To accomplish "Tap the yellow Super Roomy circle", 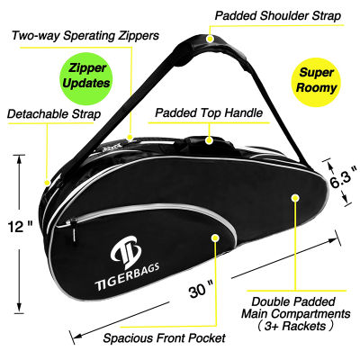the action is pyautogui.click(x=317, y=82).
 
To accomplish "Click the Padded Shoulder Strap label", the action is pyautogui.click(x=278, y=16).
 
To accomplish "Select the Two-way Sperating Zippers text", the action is pyautogui.click(x=85, y=36).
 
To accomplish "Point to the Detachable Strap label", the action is pyautogui.click(x=54, y=114).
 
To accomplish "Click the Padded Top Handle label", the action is pyautogui.click(x=209, y=113).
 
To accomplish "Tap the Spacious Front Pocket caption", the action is pyautogui.click(x=164, y=338).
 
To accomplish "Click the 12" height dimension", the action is pyautogui.click(x=20, y=227).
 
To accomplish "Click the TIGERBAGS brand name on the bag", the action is pyautogui.click(x=127, y=276).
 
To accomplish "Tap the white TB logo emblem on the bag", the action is pyautogui.click(x=126, y=252).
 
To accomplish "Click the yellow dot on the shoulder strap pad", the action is pyautogui.click(x=211, y=39).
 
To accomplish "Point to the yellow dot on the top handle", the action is pyautogui.click(x=209, y=140).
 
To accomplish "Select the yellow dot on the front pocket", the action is pyautogui.click(x=215, y=238).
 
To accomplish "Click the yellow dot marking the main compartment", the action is pyautogui.click(x=295, y=198).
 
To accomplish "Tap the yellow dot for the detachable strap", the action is pyautogui.click(x=47, y=183).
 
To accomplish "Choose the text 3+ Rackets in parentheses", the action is pyautogui.click(x=296, y=326).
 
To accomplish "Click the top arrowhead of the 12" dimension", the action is pyautogui.click(x=20, y=159).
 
